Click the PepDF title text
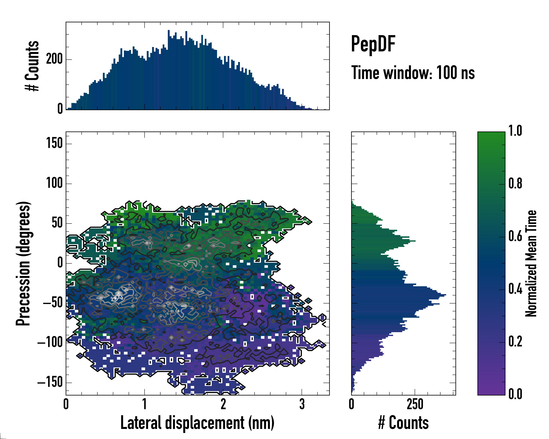(373, 44)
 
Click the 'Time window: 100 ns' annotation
(413, 73)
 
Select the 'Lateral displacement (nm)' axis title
(197, 423)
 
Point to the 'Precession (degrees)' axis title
(23, 263)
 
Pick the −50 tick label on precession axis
(53, 303)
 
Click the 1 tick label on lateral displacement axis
(144, 404)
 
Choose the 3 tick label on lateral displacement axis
(302, 404)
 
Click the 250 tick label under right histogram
(415, 404)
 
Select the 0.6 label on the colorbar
(515, 236)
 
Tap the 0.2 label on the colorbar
(515, 342)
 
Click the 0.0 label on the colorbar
(515, 394)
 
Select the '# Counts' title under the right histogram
(403, 423)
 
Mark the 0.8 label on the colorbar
(515, 183)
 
